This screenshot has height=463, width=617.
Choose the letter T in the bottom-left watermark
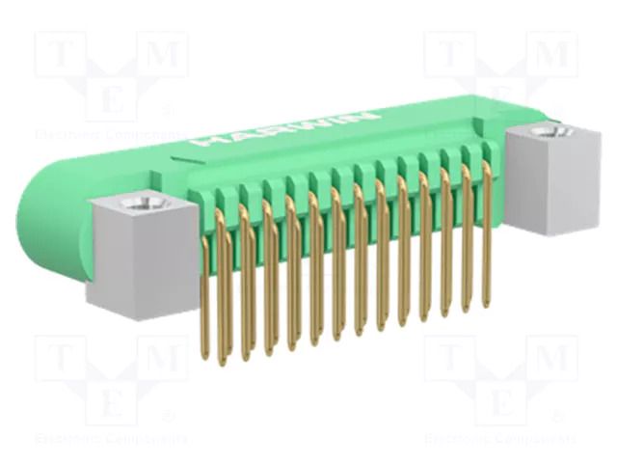[x=62, y=359]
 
